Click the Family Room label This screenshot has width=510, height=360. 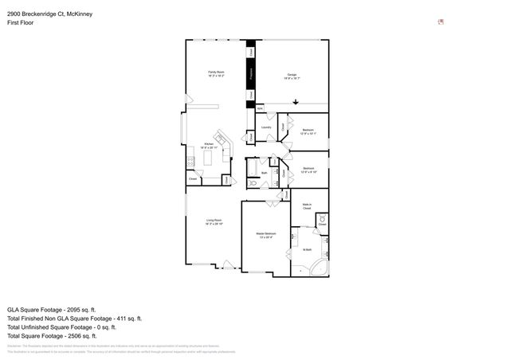tap(216, 74)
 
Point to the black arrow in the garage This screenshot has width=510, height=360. tap(296, 101)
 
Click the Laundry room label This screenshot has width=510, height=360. tap(266, 127)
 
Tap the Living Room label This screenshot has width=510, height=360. tap(214, 221)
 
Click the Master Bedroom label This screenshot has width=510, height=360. tap(265, 236)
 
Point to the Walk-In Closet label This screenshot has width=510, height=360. tap(306, 206)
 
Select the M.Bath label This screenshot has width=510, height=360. tap(307, 250)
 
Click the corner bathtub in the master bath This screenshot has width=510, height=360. tap(320, 267)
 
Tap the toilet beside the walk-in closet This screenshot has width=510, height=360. tap(322, 218)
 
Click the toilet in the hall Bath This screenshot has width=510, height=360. tap(252, 182)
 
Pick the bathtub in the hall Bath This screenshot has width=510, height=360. tap(252, 169)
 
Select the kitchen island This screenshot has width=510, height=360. tap(209, 159)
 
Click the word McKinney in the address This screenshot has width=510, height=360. tap(80, 12)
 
